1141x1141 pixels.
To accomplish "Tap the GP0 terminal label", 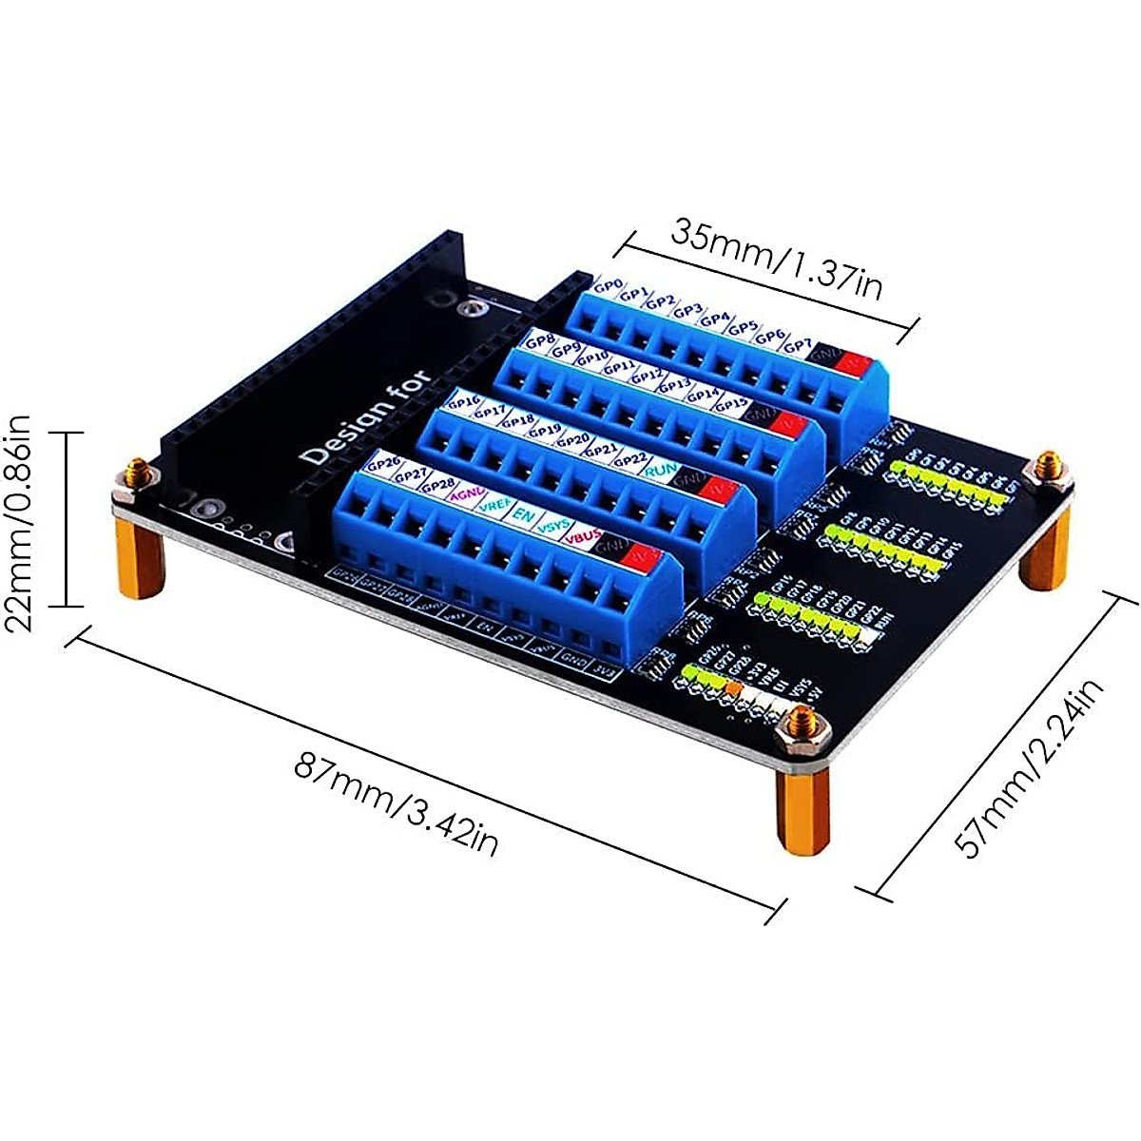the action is point(608,285).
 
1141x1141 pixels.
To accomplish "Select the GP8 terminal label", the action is point(541,340).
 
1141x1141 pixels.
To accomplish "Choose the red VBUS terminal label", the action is point(581,538).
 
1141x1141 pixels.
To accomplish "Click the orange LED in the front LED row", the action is point(734,687).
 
